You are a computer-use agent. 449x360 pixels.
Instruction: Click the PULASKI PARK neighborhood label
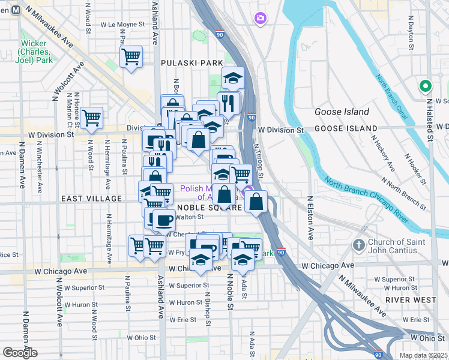point(192,62)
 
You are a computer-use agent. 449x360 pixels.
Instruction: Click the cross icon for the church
point(358,245)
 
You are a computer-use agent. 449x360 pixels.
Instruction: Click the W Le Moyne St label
point(119,25)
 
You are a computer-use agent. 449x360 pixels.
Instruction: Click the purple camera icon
point(259,18)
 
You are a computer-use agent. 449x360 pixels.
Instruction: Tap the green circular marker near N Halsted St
point(426,86)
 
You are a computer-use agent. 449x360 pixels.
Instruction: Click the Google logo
point(20,353)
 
